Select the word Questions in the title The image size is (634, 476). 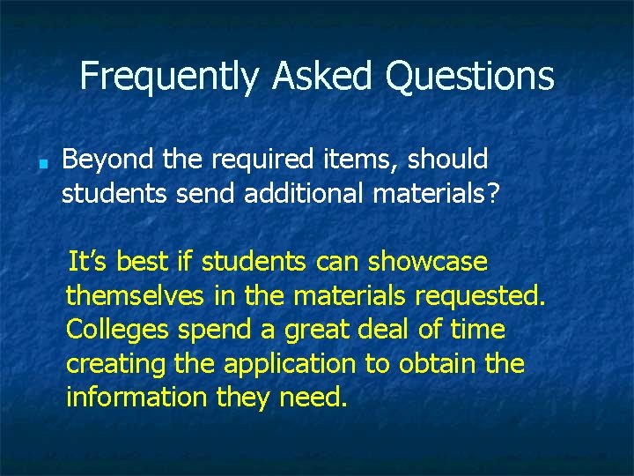469,77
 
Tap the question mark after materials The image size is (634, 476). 491,193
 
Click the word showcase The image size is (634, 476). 428,263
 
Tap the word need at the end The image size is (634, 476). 312,398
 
